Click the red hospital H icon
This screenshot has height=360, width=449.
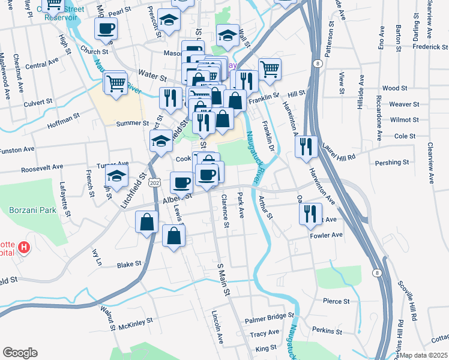(x=24, y=247)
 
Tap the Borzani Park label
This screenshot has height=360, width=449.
(x=32, y=210)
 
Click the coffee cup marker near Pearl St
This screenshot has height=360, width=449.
(x=106, y=29)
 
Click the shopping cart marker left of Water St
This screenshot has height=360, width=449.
(x=115, y=82)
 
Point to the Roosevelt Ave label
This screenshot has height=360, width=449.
(x=42, y=169)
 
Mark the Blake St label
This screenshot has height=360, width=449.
(x=129, y=263)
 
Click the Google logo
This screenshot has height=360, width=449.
(x=20, y=353)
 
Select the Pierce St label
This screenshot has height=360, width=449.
(x=336, y=301)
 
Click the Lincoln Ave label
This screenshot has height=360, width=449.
(x=217, y=327)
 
